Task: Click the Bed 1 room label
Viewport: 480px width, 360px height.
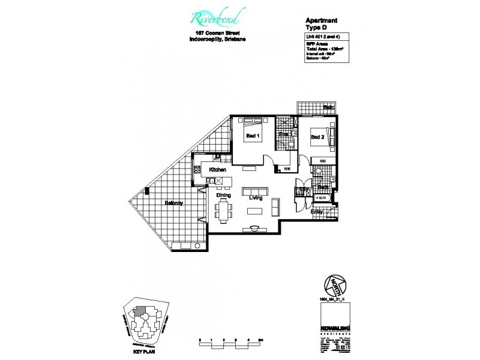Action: tap(252, 136)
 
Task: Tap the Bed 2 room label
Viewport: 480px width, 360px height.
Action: tap(317, 137)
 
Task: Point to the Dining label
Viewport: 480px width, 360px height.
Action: tap(224, 196)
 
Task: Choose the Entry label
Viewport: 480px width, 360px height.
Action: tap(316, 212)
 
